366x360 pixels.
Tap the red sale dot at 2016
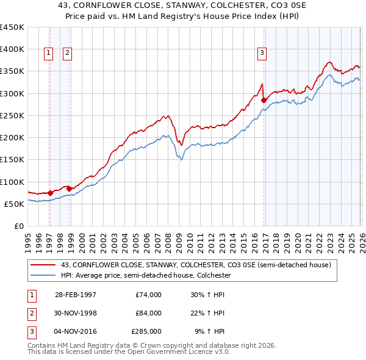pos(264,100)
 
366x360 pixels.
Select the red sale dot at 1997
pos(50,193)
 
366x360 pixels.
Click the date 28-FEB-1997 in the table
pos(75,294)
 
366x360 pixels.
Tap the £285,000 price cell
pos(146,332)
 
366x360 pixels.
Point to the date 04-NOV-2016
pos(75,332)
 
